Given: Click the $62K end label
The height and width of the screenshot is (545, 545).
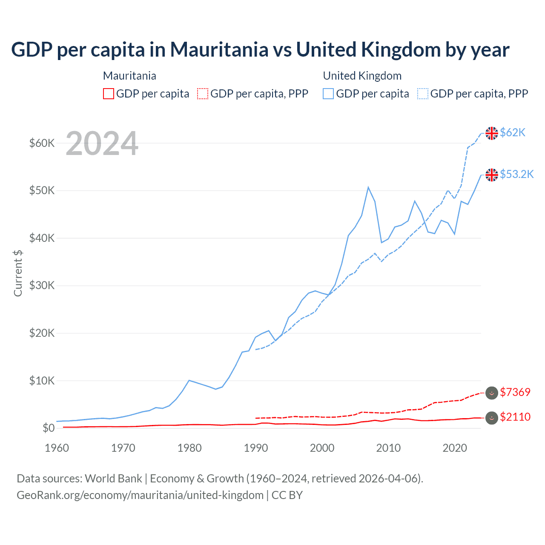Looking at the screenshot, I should (513, 133).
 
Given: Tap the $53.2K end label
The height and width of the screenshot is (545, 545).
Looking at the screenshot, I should (516, 175).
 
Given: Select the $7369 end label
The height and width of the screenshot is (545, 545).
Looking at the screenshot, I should (515, 393).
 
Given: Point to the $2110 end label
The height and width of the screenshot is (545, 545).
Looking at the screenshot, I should (515, 417).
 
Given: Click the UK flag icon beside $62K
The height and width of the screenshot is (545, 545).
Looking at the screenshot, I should (492, 133).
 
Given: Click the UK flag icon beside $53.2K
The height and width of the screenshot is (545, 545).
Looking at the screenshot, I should (492, 175).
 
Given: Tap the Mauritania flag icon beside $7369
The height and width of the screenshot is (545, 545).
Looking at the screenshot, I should (492, 393).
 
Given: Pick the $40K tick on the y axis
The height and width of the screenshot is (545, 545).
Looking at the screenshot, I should (42, 238).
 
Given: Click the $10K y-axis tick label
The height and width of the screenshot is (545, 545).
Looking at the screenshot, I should (42, 381).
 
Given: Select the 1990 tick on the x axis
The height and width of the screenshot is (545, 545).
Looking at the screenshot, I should (256, 448).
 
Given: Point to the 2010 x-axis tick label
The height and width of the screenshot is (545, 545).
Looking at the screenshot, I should (388, 448).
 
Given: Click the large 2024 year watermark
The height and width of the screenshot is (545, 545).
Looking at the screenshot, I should (102, 143).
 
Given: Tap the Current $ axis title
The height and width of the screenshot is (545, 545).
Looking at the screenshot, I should (18, 273).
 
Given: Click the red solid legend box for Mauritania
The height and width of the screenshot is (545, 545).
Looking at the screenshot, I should (109, 94).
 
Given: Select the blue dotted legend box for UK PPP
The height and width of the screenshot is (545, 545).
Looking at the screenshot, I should (423, 94).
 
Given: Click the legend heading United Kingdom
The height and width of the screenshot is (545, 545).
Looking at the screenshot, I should (362, 76).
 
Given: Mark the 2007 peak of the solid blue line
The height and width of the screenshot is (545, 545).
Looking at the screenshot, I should (368, 187).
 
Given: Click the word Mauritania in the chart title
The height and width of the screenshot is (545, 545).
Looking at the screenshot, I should (219, 50).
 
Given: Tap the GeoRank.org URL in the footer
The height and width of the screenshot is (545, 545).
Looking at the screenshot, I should (140, 495).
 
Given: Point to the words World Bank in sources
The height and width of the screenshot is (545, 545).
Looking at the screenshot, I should (113, 479).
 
